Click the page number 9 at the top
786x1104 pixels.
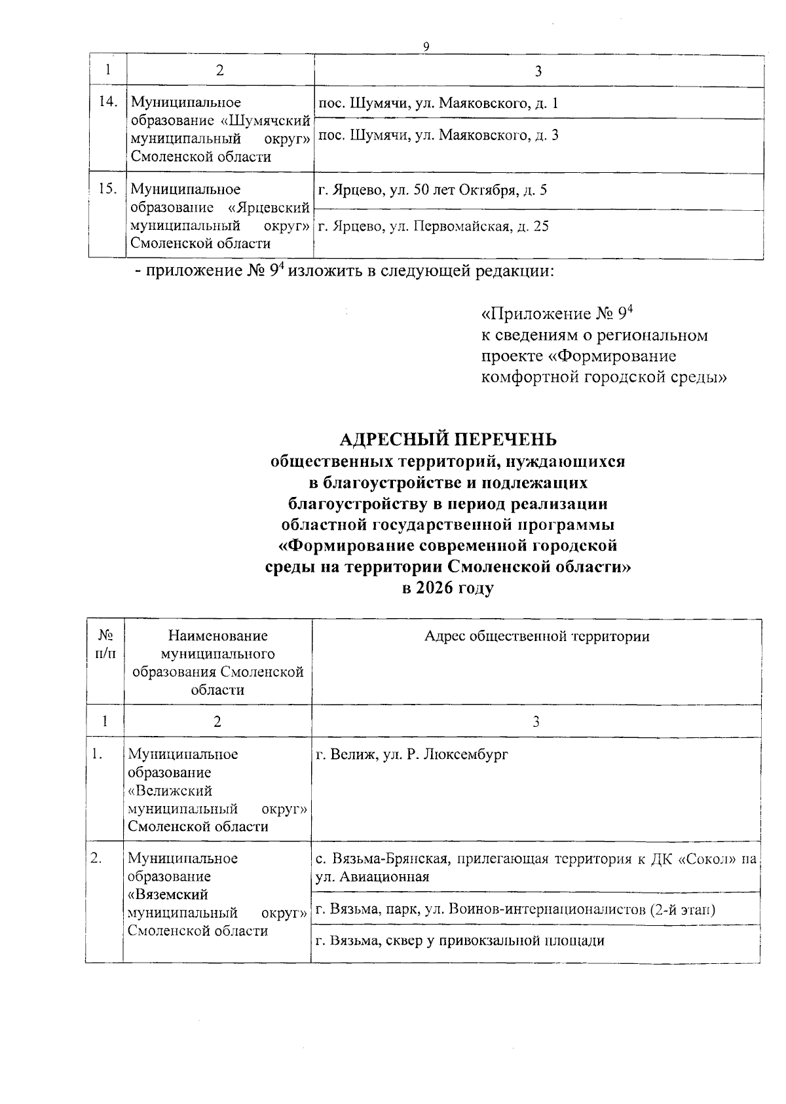(426, 46)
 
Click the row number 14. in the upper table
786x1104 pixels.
(108, 101)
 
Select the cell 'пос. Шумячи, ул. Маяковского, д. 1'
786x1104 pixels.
(438, 103)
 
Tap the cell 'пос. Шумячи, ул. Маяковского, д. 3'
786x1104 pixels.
(438, 136)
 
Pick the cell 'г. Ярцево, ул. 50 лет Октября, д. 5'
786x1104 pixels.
(432, 191)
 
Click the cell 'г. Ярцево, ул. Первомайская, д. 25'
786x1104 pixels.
(433, 227)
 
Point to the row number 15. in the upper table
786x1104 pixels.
(107, 189)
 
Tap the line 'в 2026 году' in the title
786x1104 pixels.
(448, 587)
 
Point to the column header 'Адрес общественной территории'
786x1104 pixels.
(536, 636)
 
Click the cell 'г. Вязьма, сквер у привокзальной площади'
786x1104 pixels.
(460, 941)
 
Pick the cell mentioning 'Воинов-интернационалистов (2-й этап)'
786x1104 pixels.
(514, 909)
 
